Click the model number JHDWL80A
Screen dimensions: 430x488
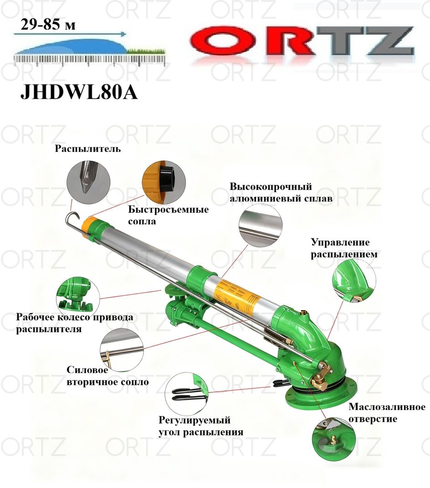(79, 93)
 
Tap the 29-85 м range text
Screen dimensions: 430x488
(48, 24)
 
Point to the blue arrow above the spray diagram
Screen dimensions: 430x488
(70, 34)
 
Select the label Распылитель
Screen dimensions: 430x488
(88, 149)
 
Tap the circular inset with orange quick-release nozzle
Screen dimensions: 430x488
(164, 182)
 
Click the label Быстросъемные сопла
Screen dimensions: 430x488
(168, 215)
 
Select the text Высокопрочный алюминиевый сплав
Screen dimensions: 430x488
(281, 192)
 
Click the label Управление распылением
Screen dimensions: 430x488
(344, 248)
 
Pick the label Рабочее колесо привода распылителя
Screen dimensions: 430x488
(75, 323)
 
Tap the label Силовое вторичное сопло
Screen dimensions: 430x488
(107, 376)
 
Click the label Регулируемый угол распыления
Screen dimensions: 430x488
(201, 426)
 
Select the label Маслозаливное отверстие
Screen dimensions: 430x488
(387, 412)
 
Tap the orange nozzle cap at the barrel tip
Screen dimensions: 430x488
(89, 225)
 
